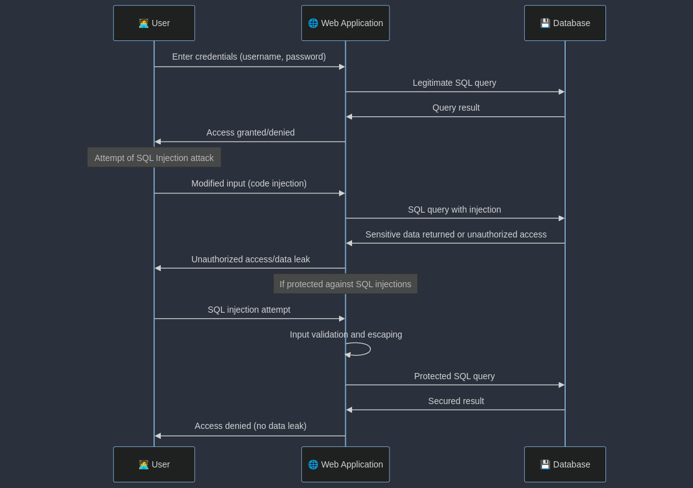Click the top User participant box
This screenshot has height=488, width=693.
click(154, 23)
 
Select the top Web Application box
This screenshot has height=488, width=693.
click(345, 23)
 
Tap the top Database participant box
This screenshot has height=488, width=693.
click(564, 23)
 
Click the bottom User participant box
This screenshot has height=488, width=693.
click(154, 464)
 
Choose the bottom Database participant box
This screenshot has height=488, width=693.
click(564, 464)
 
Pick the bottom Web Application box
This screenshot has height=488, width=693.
click(345, 464)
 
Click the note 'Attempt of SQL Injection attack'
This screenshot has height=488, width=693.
click(154, 158)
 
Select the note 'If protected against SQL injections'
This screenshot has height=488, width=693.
click(345, 284)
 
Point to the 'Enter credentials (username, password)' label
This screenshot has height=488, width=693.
click(248, 57)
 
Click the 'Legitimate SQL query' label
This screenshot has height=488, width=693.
click(454, 83)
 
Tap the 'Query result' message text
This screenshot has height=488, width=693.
click(456, 108)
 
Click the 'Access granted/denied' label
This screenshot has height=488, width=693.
click(250, 132)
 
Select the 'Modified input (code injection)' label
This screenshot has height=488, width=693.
click(248, 183)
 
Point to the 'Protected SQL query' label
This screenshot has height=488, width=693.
click(454, 376)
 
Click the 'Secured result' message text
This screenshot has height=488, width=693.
click(456, 401)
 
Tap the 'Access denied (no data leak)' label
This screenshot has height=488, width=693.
click(250, 426)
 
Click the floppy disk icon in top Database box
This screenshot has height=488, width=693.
click(545, 23)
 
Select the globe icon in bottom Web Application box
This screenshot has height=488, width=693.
click(313, 464)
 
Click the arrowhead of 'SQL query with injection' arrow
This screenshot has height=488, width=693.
click(561, 218)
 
